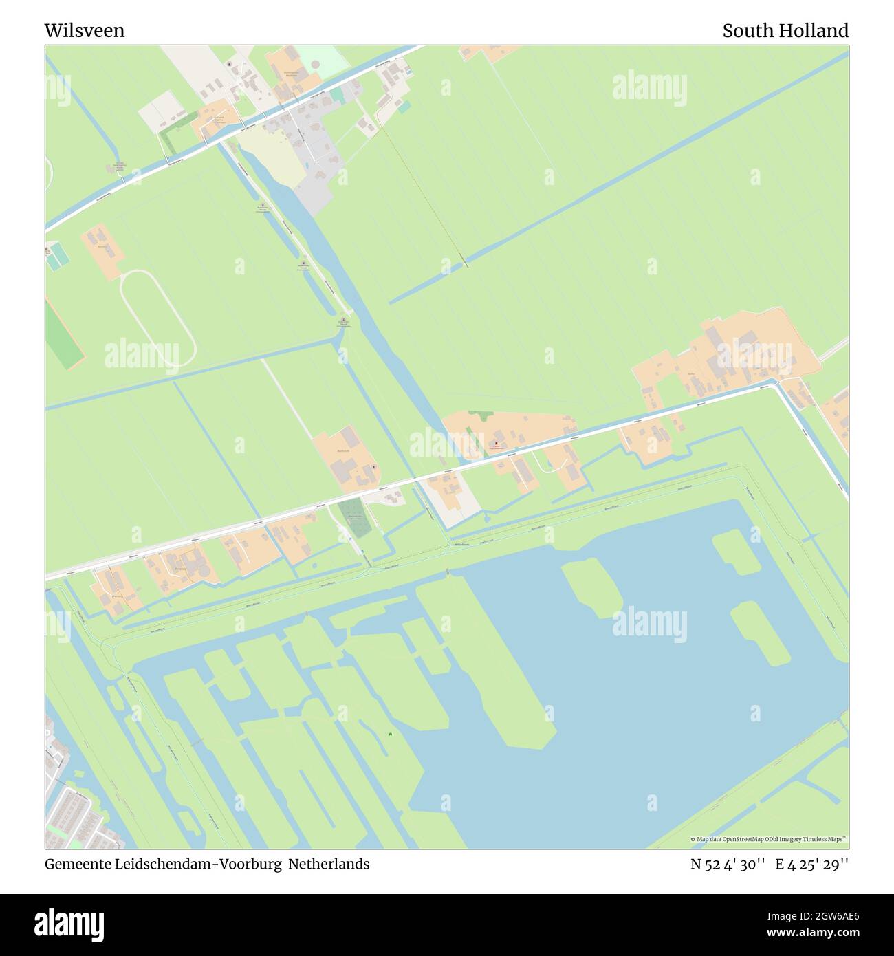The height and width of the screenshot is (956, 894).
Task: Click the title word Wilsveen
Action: (85, 31)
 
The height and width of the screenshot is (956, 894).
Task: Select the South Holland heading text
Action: (785, 31)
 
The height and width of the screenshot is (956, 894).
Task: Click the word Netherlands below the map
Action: (329, 864)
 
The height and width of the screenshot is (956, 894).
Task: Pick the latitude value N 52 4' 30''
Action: (728, 865)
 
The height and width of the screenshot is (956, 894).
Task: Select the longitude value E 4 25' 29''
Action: (812, 865)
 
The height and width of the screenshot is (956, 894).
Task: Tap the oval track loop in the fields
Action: (157, 317)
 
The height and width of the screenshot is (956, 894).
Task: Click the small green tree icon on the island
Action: (391, 735)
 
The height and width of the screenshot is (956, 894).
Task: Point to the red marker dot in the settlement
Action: (496, 443)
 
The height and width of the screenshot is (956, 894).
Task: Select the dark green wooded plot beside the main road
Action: (355, 519)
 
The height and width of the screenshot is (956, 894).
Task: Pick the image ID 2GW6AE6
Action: (821, 915)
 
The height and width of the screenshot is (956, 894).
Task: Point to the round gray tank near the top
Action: (316, 65)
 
